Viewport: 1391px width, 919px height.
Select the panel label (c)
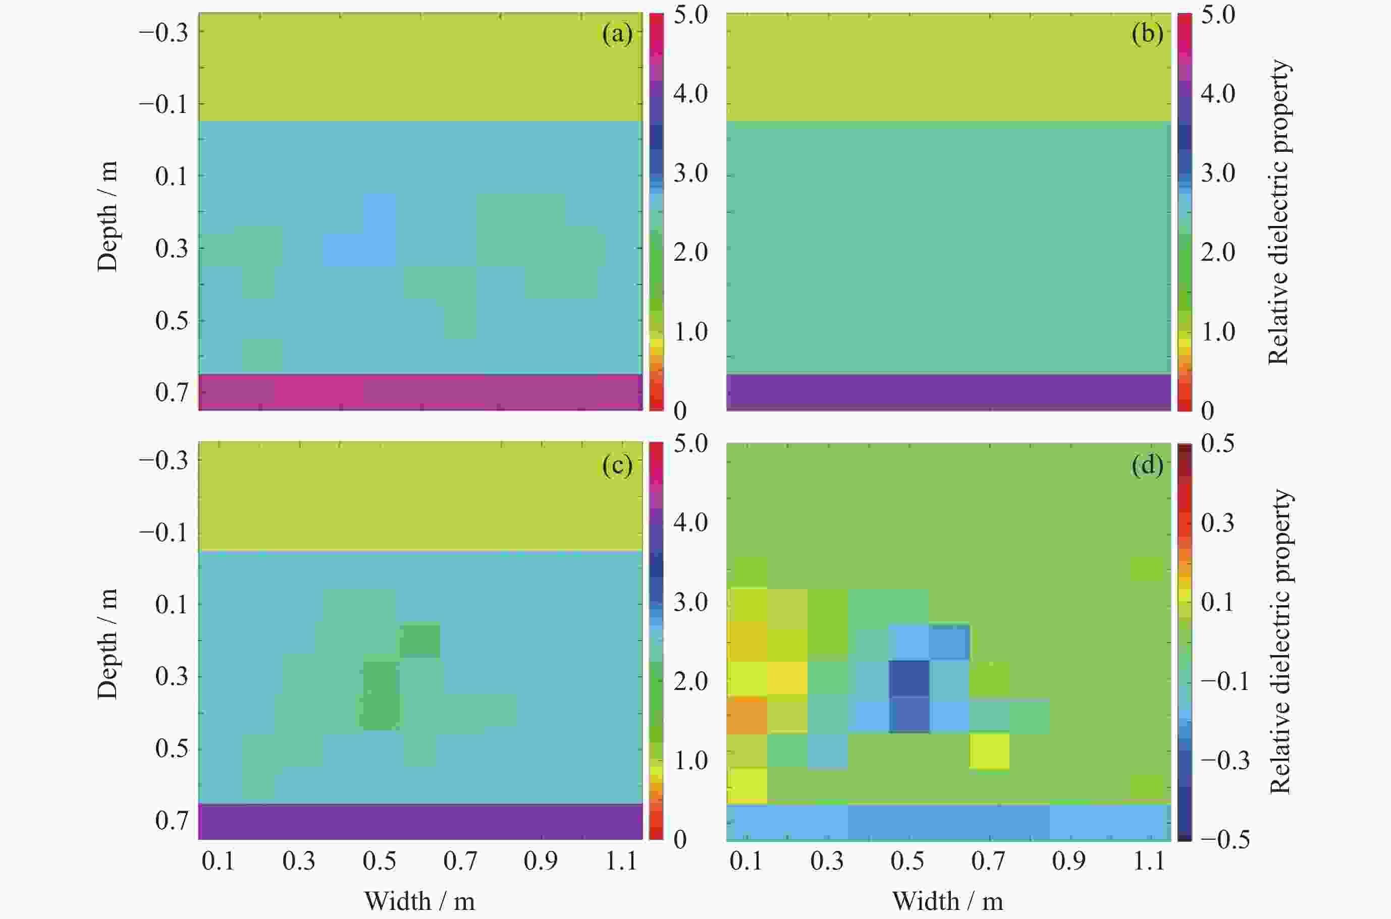617,465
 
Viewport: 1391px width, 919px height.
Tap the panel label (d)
1147,465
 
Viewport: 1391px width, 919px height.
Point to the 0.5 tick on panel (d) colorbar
1217,444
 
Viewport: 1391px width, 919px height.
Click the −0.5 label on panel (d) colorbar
1224,839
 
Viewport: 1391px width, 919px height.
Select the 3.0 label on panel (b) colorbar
1217,173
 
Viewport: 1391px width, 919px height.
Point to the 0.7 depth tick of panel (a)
172,392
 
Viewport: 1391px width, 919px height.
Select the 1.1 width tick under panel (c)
621,861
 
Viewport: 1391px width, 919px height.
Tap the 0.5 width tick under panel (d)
907,861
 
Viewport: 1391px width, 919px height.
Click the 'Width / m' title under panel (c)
419,901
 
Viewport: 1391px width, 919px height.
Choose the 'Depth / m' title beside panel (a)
108,216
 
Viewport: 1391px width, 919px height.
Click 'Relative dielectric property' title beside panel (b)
1279,212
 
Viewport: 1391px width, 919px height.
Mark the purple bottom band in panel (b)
948,392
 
